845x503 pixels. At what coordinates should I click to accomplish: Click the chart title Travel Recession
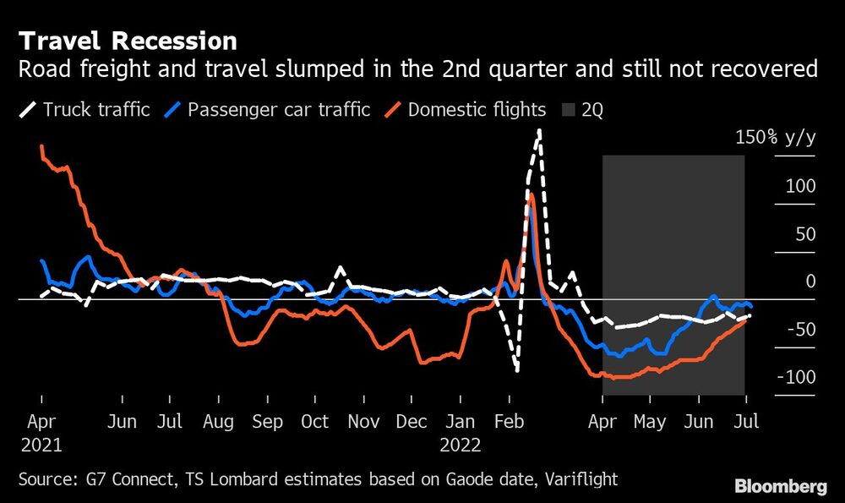tap(128, 41)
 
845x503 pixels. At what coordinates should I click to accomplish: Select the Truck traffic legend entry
tap(85, 109)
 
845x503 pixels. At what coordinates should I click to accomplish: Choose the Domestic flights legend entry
tap(466, 109)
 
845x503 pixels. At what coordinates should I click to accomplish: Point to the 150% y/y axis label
tap(775, 138)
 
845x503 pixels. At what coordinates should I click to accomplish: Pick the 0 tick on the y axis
tap(810, 281)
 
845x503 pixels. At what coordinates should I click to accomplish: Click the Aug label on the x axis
tap(219, 421)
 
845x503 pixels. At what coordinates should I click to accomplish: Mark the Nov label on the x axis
tap(364, 421)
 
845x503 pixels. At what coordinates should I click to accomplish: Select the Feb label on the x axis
tap(509, 421)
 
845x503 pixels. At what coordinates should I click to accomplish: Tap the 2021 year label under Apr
tap(41, 445)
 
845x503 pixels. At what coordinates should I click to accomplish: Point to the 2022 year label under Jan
tap(461, 445)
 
